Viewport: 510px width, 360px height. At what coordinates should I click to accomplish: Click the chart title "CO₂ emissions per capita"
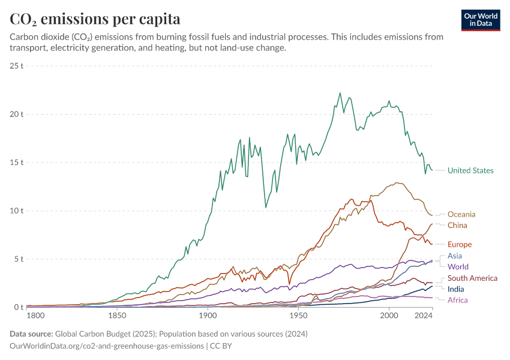95,19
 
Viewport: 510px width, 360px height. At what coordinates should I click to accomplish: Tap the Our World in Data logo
481,20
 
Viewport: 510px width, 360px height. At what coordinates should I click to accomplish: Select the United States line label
470,170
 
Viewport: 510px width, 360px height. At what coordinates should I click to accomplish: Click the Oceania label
461,214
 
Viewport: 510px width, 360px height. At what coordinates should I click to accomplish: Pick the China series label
457,225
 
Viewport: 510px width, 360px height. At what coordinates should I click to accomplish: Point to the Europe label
460,244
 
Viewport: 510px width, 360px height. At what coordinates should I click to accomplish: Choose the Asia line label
454,256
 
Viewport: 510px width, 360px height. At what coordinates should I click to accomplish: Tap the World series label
458,266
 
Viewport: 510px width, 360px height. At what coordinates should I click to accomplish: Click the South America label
472,278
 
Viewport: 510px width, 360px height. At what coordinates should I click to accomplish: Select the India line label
456,289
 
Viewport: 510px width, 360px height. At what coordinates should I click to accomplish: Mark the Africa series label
457,299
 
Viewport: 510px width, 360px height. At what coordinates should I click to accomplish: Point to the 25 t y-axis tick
17,65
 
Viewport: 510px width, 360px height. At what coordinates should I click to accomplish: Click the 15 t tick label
17,163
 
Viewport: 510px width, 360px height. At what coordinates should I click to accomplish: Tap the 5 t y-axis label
19,259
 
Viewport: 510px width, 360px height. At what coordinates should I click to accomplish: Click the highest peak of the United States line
340,93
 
